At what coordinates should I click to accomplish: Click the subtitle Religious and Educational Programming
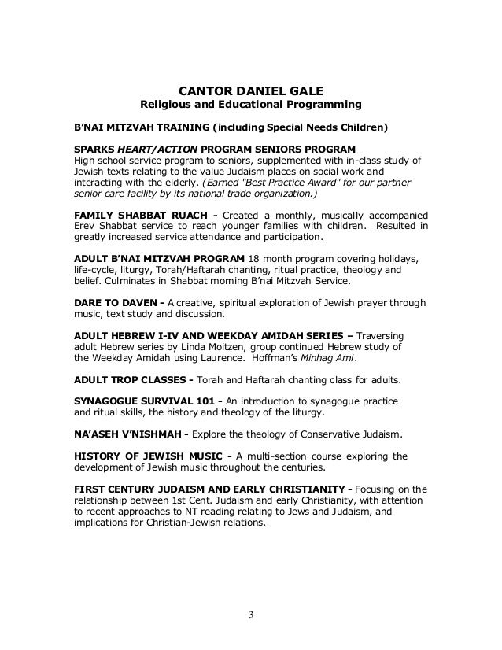250,104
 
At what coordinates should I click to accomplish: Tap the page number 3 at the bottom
250,615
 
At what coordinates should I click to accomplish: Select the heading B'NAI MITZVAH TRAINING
142,127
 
